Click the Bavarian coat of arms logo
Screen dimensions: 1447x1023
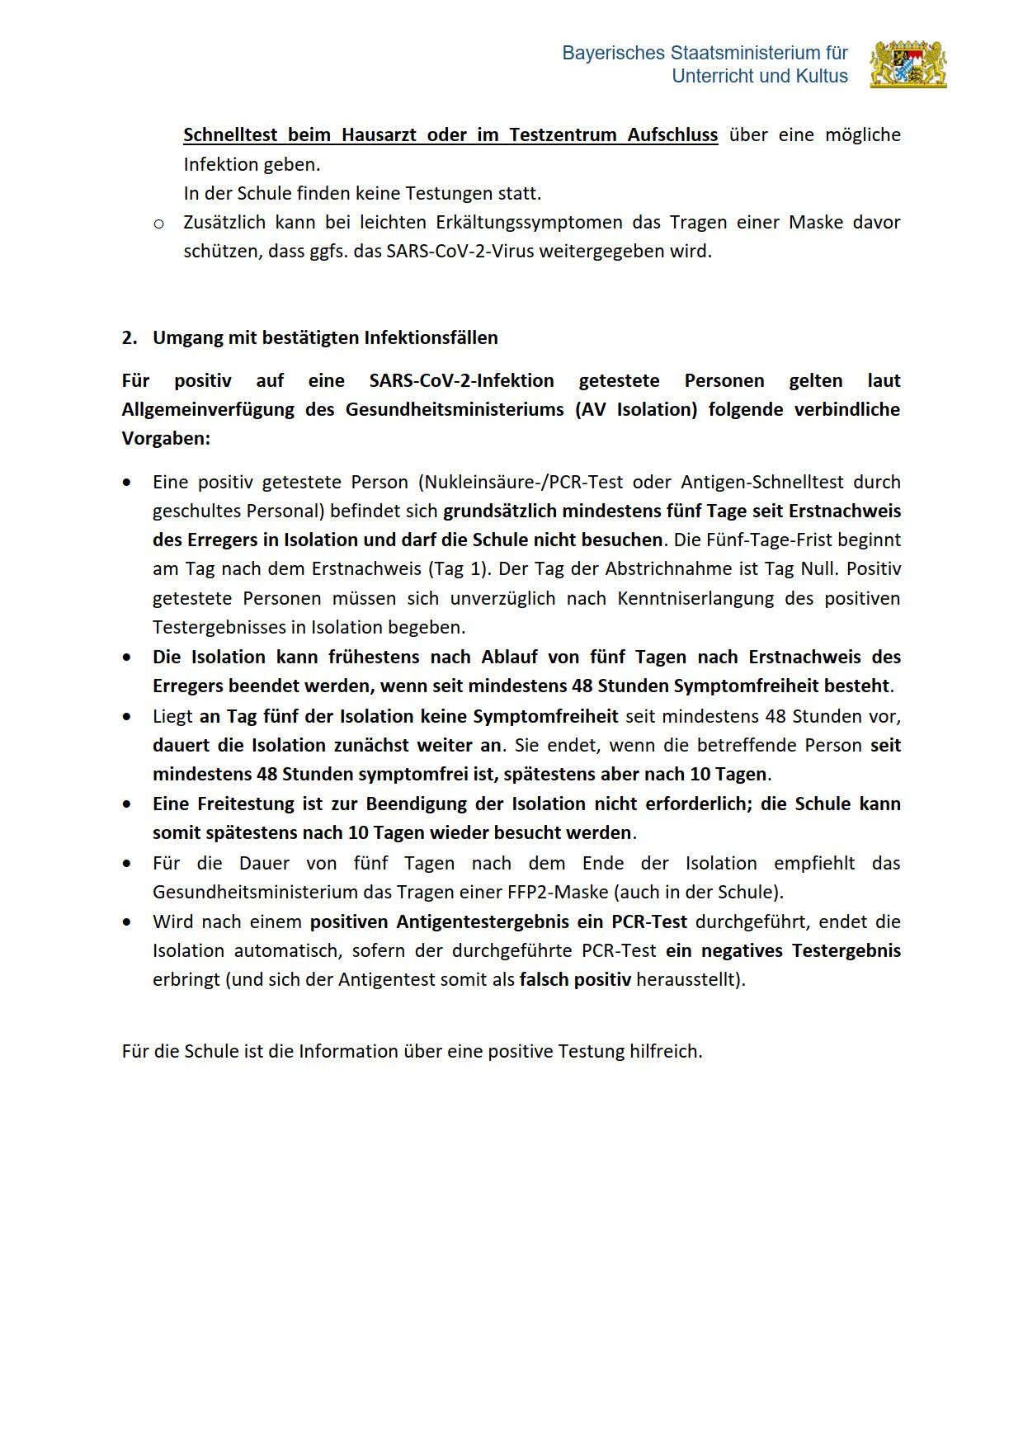click(x=908, y=64)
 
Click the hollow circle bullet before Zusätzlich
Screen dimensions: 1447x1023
click(x=159, y=223)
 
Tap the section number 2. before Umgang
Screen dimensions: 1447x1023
click(x=129, y=337)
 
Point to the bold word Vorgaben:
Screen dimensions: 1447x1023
click(x=166, y=438)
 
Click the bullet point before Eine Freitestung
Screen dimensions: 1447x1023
click(x=126, y=804)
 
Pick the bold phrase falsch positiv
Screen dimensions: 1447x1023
click(x=575, y=979)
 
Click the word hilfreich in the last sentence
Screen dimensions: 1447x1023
click(x=664, y=1051)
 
